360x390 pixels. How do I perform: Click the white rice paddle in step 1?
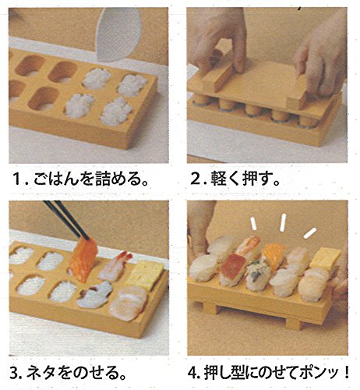[x=118, y=34]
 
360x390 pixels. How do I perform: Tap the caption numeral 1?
[x=17, y=179]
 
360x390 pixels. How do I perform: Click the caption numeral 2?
[x=196, y=179]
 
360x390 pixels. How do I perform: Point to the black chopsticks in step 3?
[x=66, y=220]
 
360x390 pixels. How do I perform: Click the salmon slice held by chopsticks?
[x=83, y=260]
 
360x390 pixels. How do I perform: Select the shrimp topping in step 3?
[x=115, y=267]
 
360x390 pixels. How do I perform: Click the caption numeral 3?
[x=15, y=373]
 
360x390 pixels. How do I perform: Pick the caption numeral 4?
[x=192, y=373]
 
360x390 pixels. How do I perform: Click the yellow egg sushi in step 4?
[x=325, y=259]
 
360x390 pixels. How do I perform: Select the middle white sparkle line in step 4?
[x=283, y=222]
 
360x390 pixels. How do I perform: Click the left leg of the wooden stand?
[x=211, y=309]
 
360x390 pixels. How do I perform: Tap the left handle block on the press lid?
[x=217, y=77]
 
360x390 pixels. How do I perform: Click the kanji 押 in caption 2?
[x=250, y=179]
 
